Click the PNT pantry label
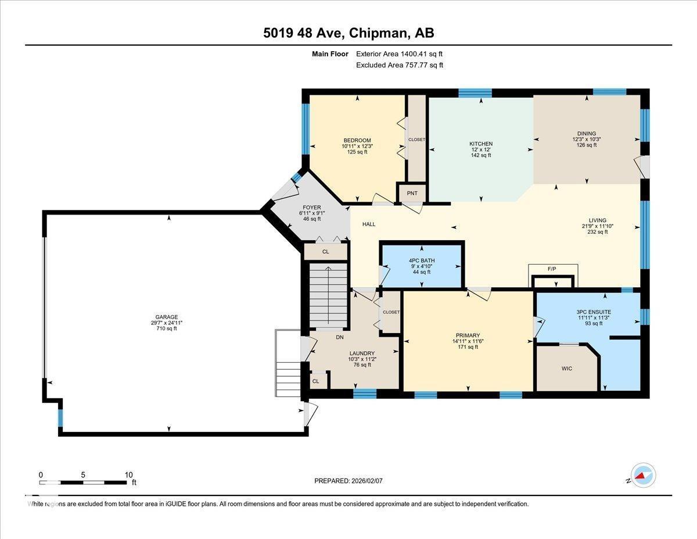point(412,193)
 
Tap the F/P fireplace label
point(552,269)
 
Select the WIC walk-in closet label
point(567,368)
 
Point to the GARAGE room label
point(167,317)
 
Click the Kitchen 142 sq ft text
point(481,155)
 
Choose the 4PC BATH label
point(422,260)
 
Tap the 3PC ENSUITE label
point(594,312)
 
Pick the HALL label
point(369,224)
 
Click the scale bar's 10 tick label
point(128,475)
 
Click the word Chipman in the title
point(379,33)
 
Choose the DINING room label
point(587,134)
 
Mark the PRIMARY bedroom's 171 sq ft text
point(468,347)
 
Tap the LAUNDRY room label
point(362,353)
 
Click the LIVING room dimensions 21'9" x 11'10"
point(598,226)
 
